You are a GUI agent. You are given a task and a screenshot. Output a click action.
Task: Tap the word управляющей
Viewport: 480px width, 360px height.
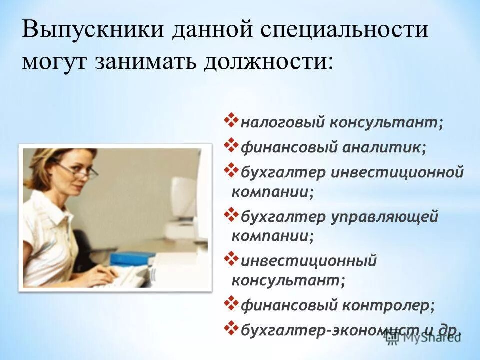[x=384, y=217]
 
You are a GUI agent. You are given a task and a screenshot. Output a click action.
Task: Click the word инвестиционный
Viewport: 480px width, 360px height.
[x=309, y=261]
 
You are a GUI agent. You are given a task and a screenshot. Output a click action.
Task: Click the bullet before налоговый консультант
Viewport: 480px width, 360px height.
[x=233, y=120]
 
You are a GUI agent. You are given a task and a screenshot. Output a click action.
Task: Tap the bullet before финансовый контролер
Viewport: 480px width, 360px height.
[x=233, y=302]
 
